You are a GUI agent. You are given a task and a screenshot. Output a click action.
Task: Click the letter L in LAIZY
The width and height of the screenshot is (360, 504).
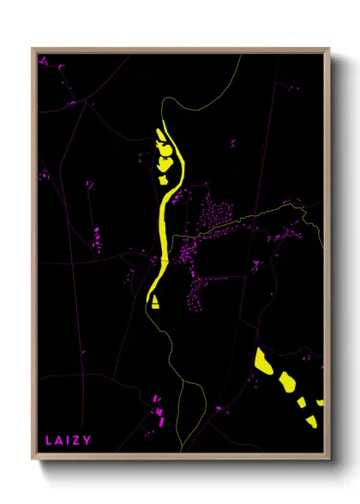click(48, 441)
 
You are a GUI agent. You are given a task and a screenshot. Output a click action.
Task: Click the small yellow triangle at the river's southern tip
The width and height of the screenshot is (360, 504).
click(155, 301)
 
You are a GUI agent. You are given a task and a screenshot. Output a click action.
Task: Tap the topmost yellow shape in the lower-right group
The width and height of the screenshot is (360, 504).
click(261, 359)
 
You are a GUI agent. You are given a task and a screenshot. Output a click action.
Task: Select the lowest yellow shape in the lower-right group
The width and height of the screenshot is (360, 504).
click(308, 417)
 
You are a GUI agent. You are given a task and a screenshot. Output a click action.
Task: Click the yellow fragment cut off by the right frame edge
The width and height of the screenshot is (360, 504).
click(321, 401)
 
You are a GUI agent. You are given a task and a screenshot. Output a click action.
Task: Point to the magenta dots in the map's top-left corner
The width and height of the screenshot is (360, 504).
click(44, 61)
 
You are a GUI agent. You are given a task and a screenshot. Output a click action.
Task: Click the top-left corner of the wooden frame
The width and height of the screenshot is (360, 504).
click(33, 48)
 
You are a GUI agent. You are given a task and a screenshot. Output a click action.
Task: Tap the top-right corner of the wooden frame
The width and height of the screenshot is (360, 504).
click(329, 48)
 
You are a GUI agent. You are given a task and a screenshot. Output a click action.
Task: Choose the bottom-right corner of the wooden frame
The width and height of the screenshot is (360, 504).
click(329, 459)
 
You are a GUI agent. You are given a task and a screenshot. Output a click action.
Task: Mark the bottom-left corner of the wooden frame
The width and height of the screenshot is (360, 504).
click(33, 459)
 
